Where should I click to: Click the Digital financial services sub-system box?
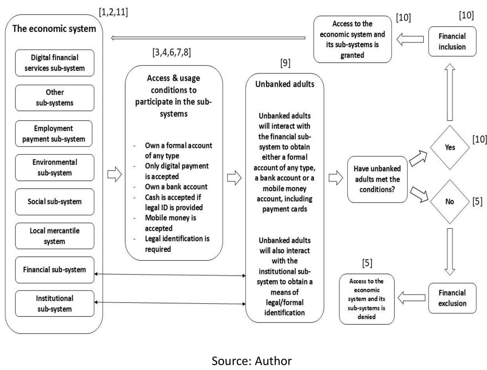coord(54,63)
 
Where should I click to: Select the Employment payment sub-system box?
coord(54,134)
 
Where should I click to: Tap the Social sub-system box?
coord(54,202)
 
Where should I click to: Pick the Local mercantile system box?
coord(54,236)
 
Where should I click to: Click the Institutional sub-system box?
coord(54,303)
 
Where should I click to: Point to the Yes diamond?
coord(449,147)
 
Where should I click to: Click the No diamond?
coord(449,202)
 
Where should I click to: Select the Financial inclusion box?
coord(452,42)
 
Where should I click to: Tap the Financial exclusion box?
coord(452,298)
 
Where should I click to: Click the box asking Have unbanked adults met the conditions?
coord(377,179)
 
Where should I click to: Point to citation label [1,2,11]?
coord(113,12)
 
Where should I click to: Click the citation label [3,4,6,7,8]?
coord(172,52)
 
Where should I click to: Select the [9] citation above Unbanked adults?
coord(285,63)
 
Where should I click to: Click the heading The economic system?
coord(54,29)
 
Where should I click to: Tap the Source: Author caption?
coord(251,361)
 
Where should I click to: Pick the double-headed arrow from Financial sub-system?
coord(170,275)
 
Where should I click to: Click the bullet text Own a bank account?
coord(176,187)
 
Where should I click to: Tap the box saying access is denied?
coord(366,299)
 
